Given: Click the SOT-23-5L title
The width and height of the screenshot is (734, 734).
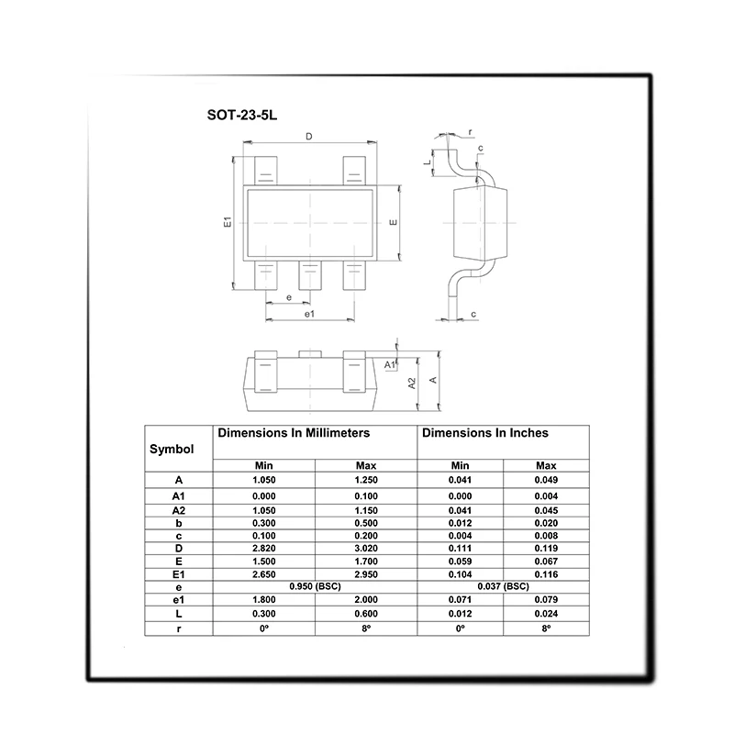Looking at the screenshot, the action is [x=242, y=116].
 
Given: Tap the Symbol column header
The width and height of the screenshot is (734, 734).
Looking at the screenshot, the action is [x=172, y=449].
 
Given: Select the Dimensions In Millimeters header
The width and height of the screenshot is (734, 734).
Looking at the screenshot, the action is [x=294, y=433].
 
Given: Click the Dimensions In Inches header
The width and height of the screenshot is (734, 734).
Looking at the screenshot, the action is [x=485, y=433].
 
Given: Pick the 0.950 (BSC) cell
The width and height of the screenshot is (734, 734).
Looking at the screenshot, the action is [x=315, y=586].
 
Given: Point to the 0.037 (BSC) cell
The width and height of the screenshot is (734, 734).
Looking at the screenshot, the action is [x=503, y=586].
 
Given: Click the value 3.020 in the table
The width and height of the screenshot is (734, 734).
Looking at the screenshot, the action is [x=366, y=548].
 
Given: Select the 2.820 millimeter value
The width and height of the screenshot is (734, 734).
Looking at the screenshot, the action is [x=264, y=548].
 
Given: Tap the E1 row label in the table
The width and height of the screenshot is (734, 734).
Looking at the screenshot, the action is [x=178, y=574].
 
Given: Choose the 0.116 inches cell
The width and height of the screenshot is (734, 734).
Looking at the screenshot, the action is [x=546, y=574].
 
